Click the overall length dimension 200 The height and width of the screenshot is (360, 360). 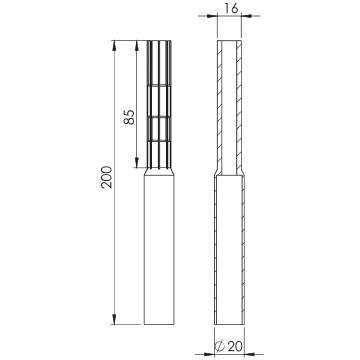107,177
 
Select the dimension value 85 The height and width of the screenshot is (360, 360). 129,117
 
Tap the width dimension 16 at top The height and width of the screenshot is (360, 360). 231,8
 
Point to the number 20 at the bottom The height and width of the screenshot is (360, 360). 236,347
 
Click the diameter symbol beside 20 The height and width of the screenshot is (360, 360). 220,347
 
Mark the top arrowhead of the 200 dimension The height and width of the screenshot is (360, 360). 114,45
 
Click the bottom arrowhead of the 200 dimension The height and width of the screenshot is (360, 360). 114,319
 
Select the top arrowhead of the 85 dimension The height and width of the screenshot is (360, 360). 137,45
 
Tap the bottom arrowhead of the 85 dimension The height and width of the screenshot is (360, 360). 137,163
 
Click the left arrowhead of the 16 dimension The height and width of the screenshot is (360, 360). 212,16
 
